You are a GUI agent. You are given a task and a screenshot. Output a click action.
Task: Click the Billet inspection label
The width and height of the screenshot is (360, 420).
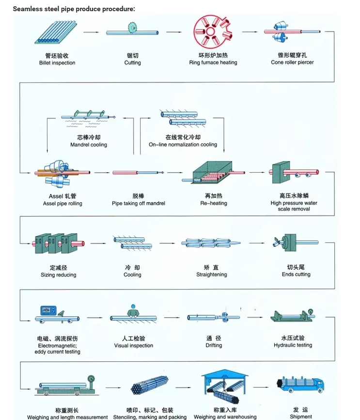pos(57,63)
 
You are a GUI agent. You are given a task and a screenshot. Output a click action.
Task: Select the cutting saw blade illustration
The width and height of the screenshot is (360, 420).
pos(132,27)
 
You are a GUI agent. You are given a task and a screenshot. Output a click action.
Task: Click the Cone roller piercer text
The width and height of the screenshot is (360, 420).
pos(292,62)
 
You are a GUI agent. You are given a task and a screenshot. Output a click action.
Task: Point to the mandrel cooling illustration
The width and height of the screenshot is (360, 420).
pos(88,116)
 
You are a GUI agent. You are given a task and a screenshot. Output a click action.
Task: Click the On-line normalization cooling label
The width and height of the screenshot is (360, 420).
pos(183,145)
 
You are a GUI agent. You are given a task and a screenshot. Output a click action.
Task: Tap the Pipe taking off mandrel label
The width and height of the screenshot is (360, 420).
pos(138,203)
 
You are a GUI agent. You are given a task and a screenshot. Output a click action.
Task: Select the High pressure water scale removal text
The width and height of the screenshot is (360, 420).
pos(294,206)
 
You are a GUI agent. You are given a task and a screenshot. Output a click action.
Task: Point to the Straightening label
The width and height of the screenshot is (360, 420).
pos(211,275)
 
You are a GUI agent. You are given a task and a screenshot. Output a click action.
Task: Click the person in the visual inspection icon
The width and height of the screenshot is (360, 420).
pos(132,310)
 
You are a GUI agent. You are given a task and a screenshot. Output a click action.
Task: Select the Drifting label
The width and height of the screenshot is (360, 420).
pos(213,345)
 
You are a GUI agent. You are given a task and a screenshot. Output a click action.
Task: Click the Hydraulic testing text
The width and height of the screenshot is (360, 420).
pos(293,345)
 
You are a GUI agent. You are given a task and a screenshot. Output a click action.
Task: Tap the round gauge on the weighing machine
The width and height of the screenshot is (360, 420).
pos(90,380)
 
